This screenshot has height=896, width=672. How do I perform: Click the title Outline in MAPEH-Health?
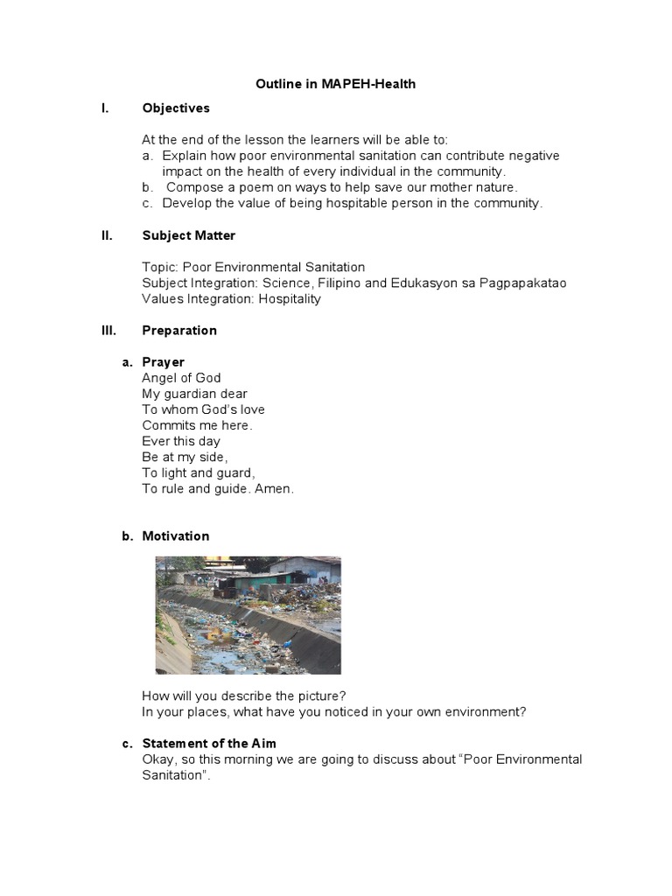click(x=335, y=84)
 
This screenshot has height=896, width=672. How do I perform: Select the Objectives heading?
click(x=176, y=108)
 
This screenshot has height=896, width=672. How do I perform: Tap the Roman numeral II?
click(x=106, y=235)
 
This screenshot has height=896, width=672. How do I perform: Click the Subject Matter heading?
click(x=188, y=235)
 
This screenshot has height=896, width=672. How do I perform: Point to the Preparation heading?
click(x=179, y=330)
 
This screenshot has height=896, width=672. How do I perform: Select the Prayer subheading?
click(x=164, y=362)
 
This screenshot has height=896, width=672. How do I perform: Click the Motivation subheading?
click(x=176, y=535)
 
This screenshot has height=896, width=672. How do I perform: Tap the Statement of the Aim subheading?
click(x=209, y=744)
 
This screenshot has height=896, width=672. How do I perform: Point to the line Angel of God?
click(x=181, y=378)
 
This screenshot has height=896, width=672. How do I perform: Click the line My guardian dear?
click(x=194, y=394)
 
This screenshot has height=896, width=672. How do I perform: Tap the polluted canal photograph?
click(x=248, y=615)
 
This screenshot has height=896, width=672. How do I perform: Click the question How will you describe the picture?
click(x=249, y=696)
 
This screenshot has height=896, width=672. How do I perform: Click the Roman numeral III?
click(x=108, y=330)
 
